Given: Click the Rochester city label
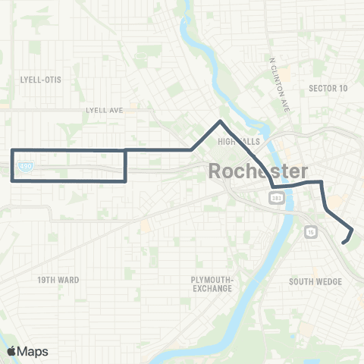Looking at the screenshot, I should pos(258,171).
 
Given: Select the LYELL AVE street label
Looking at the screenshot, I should pos(105,111).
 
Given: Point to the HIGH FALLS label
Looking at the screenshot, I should pos(234,141).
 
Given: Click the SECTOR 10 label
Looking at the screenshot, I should pos(328,89).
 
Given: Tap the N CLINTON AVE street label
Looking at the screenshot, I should pos(281,83).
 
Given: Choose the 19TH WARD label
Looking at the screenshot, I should pos(58,280).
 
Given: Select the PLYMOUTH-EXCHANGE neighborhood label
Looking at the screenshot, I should pos(215,284).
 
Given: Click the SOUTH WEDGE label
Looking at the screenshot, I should pos(316,282).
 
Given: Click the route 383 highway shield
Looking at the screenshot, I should pos(275,197).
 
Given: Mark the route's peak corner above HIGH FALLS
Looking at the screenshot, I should pos(220,121).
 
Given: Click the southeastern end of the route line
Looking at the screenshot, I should pos(344,243).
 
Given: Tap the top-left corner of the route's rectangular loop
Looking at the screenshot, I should pos(13,151).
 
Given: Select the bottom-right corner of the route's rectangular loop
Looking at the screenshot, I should pos(124,180).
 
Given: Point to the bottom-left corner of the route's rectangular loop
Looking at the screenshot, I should pos(13,180).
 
